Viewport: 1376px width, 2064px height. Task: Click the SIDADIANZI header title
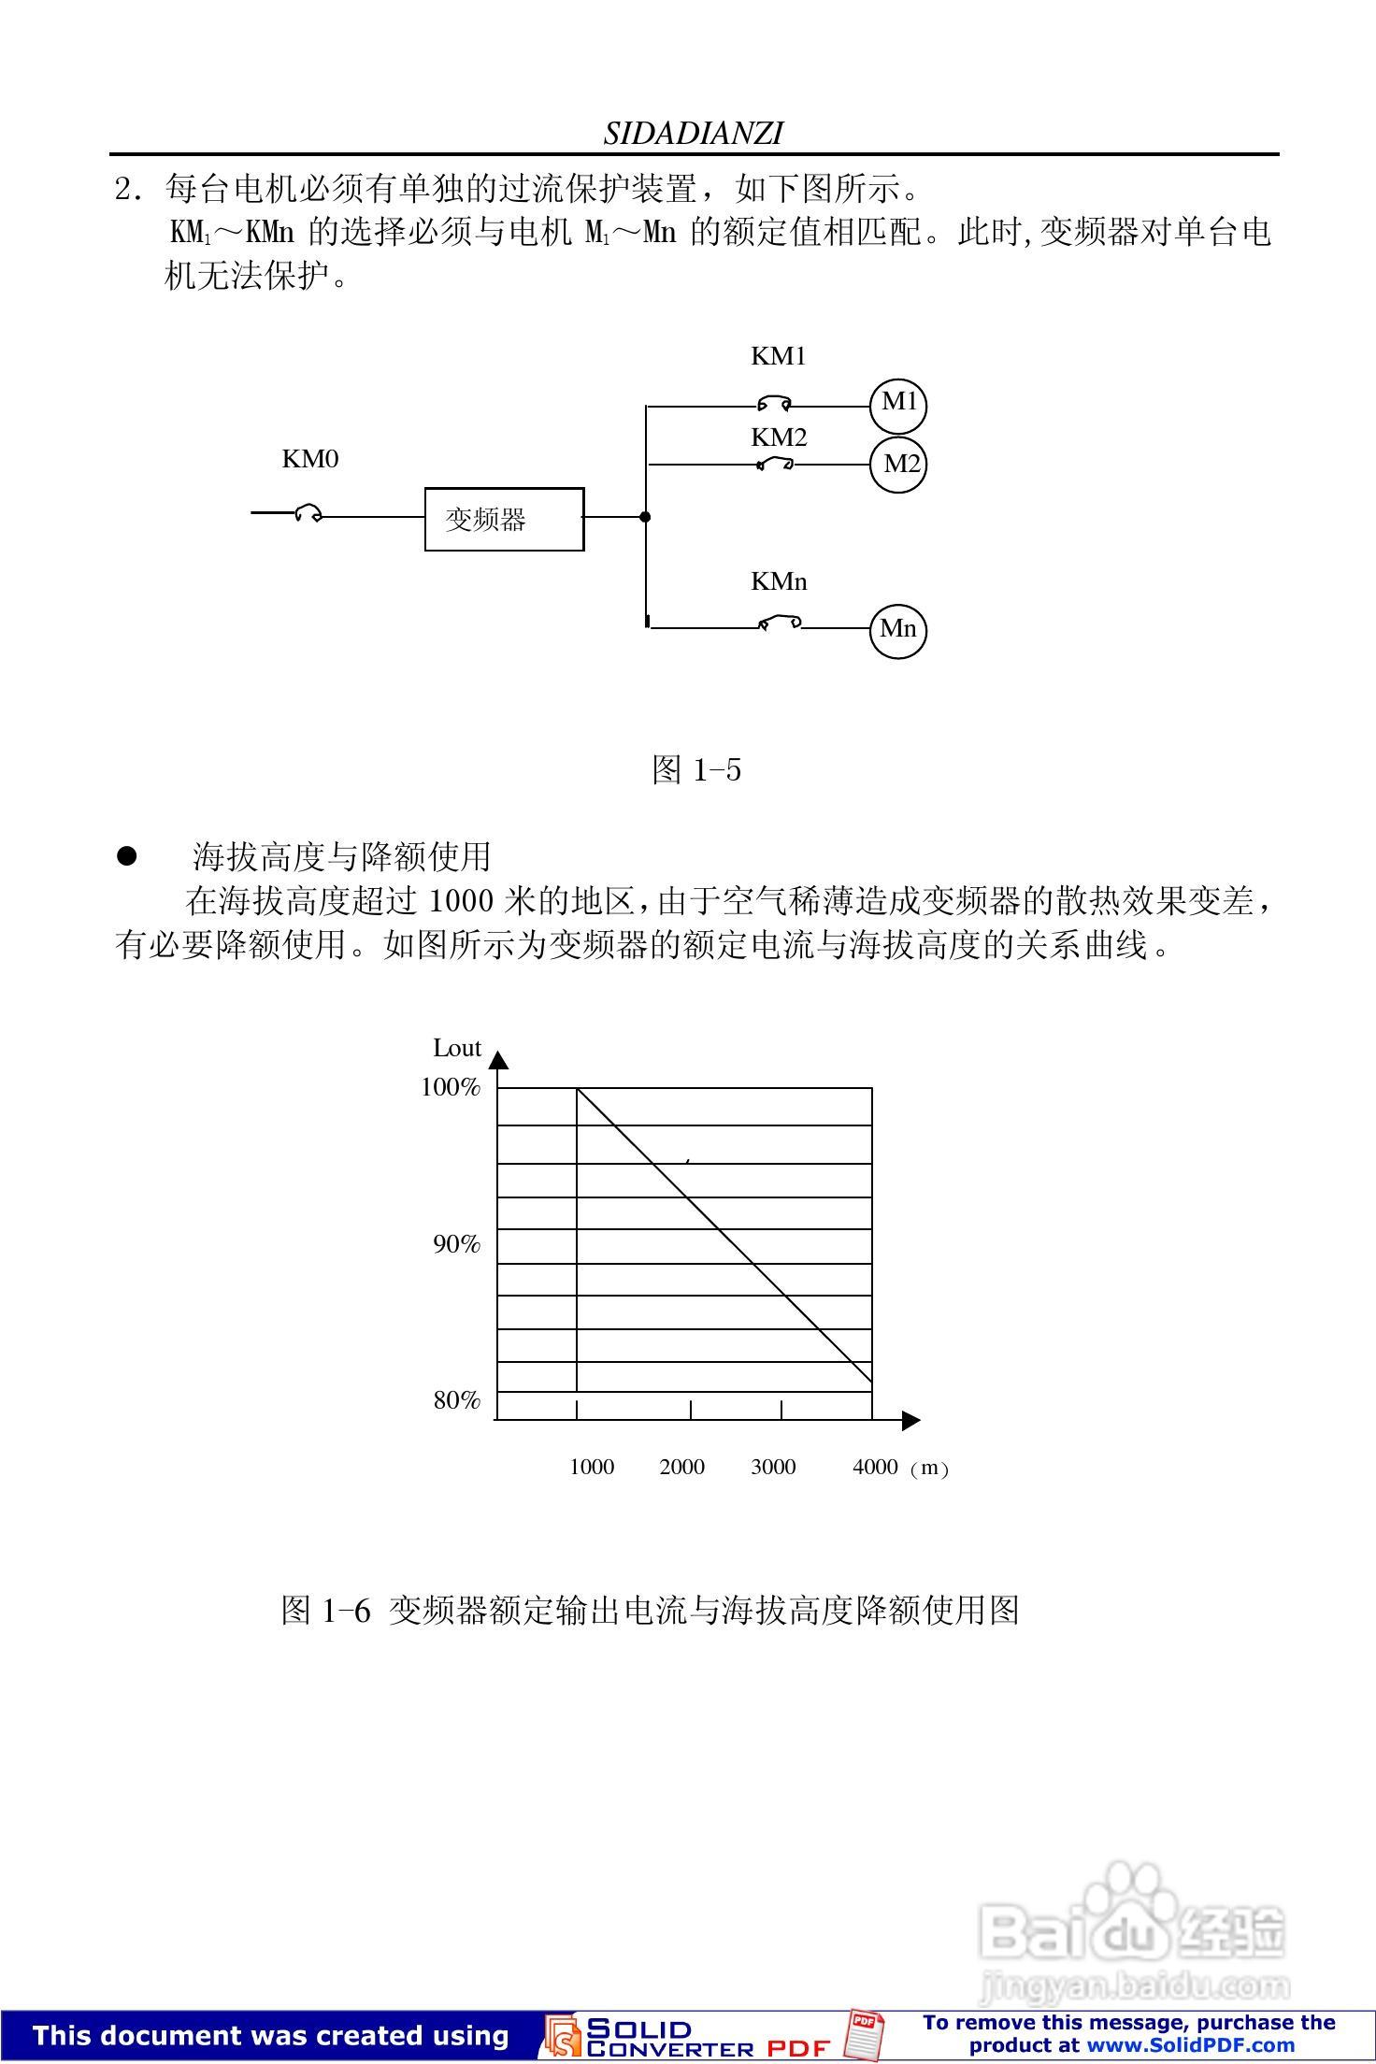693,134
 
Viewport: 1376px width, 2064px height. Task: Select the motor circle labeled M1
898,403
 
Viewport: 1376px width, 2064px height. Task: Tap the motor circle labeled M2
898,464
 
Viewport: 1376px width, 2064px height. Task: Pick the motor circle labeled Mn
898,629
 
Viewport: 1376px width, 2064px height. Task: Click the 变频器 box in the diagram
505,519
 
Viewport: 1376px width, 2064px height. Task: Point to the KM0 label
310,459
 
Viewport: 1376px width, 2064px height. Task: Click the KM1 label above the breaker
779,356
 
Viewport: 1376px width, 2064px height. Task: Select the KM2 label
779,437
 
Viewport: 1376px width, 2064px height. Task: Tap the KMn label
779,581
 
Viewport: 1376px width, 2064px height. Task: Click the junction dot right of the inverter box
645,516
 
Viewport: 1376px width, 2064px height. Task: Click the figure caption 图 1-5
696,770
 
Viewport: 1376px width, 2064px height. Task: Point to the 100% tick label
451,1087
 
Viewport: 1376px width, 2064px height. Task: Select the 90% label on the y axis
456,1244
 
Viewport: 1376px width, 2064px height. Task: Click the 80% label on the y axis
456,1400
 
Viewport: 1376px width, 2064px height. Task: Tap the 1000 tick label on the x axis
592,1467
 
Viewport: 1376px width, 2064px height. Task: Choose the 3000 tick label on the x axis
773,1467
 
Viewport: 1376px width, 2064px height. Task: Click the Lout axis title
457,1049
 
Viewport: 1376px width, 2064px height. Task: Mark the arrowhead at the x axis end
910,1421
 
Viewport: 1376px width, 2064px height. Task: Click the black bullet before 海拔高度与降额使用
126,856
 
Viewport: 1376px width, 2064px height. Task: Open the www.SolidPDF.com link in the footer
1190,2044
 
